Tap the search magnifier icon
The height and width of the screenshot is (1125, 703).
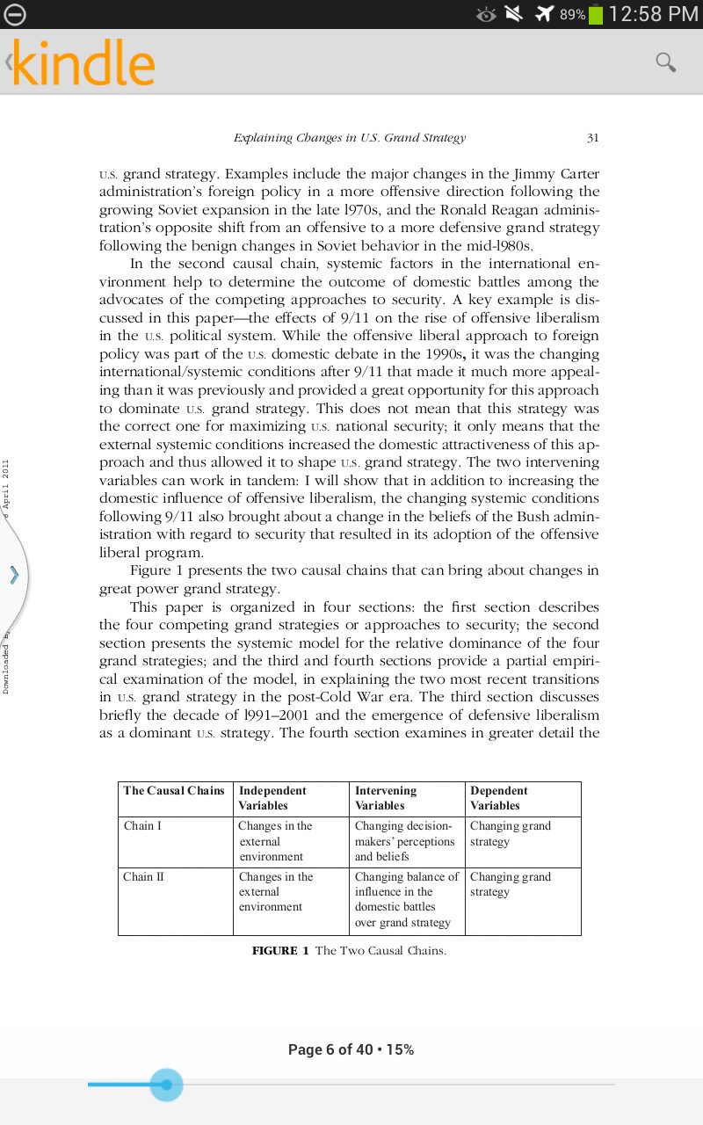pyautogui.click(x=666, y=62)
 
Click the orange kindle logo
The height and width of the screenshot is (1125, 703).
pyautogui.click(x=83, y=63)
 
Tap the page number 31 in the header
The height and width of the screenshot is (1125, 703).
pyautogui.click(x=592, y=138)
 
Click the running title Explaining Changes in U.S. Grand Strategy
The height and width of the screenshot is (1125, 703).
pyautogui.click(x=350, y=138)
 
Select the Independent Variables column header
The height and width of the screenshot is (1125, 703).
pyautogui.click(x=272, y=798)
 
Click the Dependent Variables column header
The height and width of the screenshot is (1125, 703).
pyautogui.click(x=499, y=798)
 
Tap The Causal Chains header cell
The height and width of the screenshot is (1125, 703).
pyautogui.click(x=174, y=791)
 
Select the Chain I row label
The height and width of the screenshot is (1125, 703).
pyautogui.click(x=142, y=826)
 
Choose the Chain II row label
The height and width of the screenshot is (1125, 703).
pyautogui.click(x=144, y=877)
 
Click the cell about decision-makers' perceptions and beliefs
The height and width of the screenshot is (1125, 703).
pyautogui.click(x=405, y=841)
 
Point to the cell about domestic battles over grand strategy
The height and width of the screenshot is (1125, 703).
pyautogui.click(x=406, y=900)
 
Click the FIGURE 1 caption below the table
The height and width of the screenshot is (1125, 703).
pyautogui.click(x=349, y=951)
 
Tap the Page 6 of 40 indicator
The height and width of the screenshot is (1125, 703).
pyautogui.click(x=351, y=1049)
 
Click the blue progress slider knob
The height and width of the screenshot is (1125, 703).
pyautogui.click(x=166, y=1085)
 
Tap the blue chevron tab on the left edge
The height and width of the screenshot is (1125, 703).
pyautogui.click(x=13, y=576)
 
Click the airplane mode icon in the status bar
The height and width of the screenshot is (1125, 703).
pyautogui.click(x=545, y=14)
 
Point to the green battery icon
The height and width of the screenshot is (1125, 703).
pyautogui.click(x=596, y=14)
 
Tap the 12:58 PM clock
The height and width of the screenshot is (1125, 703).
pyautogui.click(x=653, y=14)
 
